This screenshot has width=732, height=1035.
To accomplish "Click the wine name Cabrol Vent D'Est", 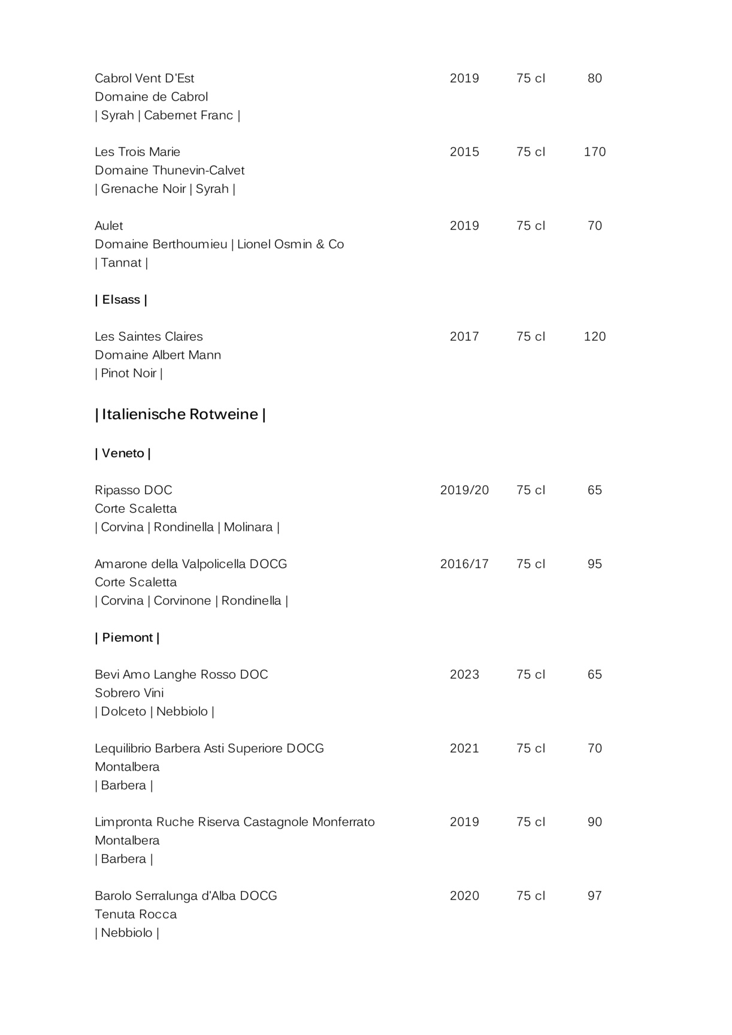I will (x=144, y=78).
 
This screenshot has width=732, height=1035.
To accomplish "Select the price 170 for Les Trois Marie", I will (x=595, y=152).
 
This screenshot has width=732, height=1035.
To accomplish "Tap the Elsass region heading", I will (x=121, y=299).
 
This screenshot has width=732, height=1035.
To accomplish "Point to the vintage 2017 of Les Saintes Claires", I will (x=464, y=337).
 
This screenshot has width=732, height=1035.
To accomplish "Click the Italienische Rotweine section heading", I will (x=180, y=414).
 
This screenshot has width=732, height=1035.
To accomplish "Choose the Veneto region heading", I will (x=123, y=453).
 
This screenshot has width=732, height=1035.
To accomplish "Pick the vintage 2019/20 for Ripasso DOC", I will (x=464, y=491).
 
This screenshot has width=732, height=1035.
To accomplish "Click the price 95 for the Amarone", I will (x=595, y=564).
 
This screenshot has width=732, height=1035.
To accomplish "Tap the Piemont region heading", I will (x=127, y=638).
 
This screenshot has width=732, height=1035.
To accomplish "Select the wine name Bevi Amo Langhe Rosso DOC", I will (x=182, y=675).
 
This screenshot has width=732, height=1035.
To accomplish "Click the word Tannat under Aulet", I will (x=122, y=263).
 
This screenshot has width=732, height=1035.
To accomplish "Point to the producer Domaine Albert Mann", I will (x=158, y=355).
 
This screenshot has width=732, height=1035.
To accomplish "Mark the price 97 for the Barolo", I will (x=595, y=896).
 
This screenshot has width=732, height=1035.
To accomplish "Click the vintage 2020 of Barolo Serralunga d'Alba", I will (x=464, y=896).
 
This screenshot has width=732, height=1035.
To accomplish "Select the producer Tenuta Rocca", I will (x=136, y=915).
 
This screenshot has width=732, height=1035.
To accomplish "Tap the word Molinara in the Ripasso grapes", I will (x=249, y=528).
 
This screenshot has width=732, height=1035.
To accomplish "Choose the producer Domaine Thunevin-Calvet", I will (x=170, y=171).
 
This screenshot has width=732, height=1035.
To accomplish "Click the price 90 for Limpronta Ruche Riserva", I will (x=595, y=822).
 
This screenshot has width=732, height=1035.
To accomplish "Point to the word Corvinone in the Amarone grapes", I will (x=183, y=601).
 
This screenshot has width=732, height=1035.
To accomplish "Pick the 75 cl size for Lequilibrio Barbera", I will (x=531, y=749).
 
